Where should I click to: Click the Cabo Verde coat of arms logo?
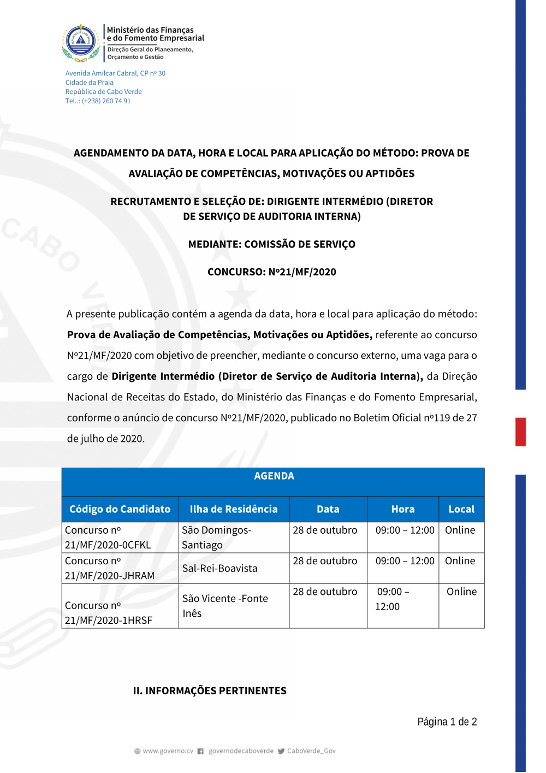pos(81,42)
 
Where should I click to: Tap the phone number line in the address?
pos(98,101)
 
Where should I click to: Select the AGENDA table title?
pos(274,476)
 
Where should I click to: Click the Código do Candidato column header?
pos(120,509)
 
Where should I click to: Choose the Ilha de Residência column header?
pos(234,509)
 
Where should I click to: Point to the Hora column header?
pos(403,509)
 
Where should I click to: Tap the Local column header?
pos(461,509)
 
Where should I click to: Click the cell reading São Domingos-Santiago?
pos(217,538)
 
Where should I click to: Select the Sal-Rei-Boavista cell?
pos(219,568)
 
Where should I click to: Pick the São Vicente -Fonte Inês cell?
pos(225,606)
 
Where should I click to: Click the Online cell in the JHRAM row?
pos(460,561)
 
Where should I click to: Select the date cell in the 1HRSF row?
pos(325,592)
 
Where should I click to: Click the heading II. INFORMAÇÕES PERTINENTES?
pos(210,691)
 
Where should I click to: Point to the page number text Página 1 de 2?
pos(447,722)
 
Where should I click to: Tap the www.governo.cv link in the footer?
pos(168,751)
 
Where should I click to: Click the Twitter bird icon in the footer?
pos(281,751)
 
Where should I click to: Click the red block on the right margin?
pos(520,432)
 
